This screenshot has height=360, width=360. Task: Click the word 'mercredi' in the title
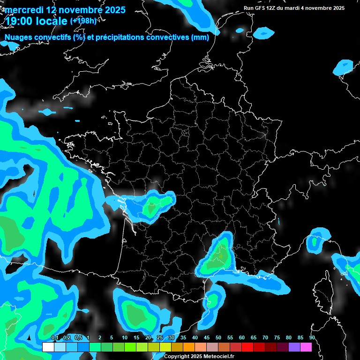pos(23,9)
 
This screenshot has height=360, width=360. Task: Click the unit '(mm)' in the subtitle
pos(200,37)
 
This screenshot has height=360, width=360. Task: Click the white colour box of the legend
pos(48,347)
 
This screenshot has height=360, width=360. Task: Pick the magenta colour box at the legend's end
pos(306,347)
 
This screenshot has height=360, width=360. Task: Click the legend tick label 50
pos(218,338)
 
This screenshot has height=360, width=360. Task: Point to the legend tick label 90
pos(312,338)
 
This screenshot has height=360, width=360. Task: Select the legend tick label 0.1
pos(54,338)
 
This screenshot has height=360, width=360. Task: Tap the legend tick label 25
pos(160,338)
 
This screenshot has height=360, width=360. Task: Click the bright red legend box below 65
pos(247,347)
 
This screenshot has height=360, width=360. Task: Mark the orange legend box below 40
pos(189,347)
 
